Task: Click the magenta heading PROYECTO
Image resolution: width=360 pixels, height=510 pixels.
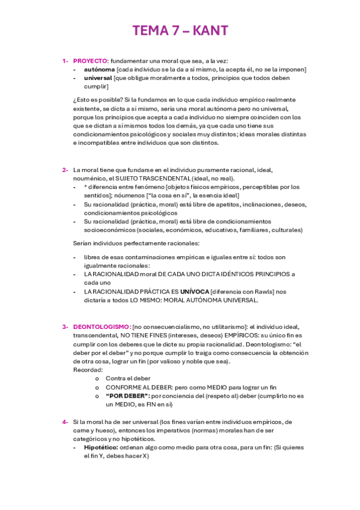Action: pyautogui.click(x=90, y=61)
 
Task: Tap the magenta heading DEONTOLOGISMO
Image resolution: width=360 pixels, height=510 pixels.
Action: pyautogui.click(x=102, y=327)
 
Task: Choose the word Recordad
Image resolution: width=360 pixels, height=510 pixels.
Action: pyautogui.click(x=87, y=370)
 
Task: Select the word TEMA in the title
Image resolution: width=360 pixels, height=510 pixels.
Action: pyautogui.click(x=152, y=31)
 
